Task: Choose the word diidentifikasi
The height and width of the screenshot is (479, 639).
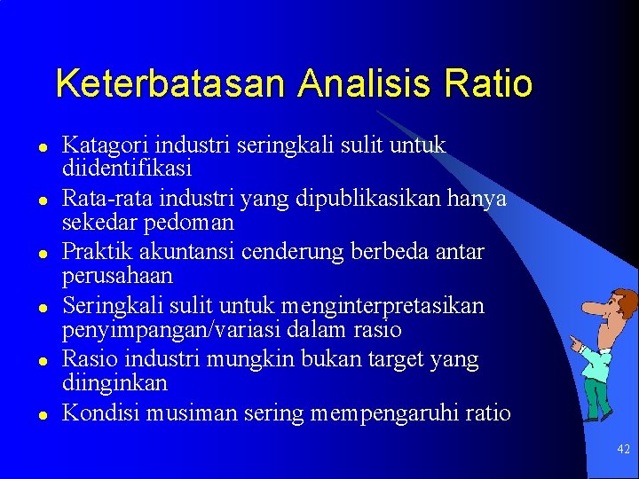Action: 127,168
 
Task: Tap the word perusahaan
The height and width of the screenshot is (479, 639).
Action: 117,276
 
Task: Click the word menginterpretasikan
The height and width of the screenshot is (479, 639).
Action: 387,307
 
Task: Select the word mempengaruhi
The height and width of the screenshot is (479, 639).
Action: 404,413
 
